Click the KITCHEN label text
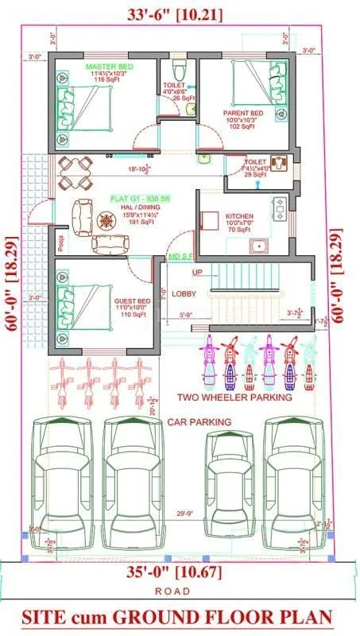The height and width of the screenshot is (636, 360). coord(240,215)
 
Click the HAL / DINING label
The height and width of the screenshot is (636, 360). coord(133,206)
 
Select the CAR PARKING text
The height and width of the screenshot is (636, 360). coord(199,421)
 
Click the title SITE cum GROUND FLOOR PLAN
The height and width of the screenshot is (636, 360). coord(176,617)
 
